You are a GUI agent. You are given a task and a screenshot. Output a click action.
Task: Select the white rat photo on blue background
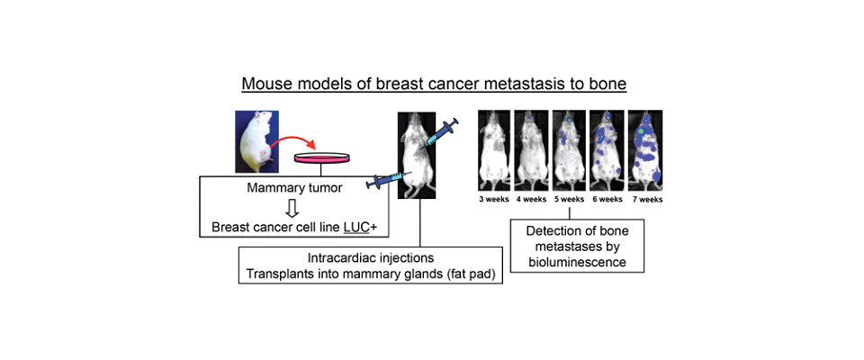tap(256, 141)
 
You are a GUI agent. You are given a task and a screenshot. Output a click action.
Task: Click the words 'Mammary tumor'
tap(294, 188)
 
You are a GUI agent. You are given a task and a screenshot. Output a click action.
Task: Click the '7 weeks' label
tap(644, 200)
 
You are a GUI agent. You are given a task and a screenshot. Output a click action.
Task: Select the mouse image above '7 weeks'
tap(645, 148)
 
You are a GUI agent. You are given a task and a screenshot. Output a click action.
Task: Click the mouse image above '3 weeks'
tap(494, 148)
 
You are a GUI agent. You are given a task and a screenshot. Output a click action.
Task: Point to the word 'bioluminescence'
tap(577, 262)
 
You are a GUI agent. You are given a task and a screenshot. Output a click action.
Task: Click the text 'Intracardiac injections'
tap(371, 257)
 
